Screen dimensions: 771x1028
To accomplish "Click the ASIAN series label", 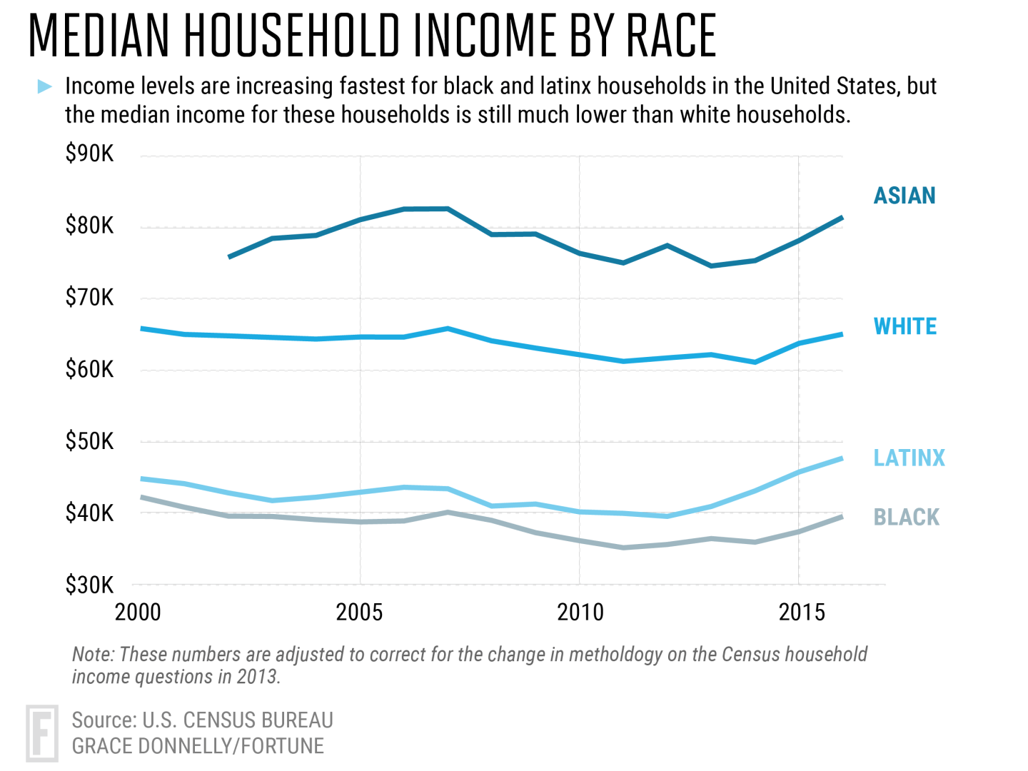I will click(x=904, y=196).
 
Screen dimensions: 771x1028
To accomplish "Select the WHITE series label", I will click(x=904, y=326).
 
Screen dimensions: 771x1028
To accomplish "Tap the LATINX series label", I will click(x=909, y=458).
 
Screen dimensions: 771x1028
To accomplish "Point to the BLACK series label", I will click(x=906, y=517).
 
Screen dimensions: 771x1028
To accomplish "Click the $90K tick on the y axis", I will click(x=89, y=153).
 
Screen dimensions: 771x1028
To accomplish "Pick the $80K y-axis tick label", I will click(x=89, y=226).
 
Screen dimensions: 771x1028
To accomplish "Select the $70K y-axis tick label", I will click(x=89, y=297).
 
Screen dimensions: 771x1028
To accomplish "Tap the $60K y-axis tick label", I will click(x=89, y=369).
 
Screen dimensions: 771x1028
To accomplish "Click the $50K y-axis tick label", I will click(x=89, y=441).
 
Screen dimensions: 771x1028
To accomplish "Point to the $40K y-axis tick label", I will click(x=89, y=513).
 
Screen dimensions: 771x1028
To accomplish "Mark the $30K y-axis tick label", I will click(x=89, y=585).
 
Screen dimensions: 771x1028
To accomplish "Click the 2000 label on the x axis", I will click(x=138, y=613).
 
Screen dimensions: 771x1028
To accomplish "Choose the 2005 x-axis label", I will click(x=359, y=613).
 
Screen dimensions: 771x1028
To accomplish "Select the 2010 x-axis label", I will click(x=580, y=613).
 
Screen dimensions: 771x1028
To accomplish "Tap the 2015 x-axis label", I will click(x=802, y=613).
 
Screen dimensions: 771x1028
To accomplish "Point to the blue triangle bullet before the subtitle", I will click(x=44, y=87).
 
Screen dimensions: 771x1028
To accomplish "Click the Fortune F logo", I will click(x=41, y=733).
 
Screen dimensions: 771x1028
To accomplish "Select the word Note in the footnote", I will click(x=93, y=655).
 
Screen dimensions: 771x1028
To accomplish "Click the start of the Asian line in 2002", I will click(x=229, y=256).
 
